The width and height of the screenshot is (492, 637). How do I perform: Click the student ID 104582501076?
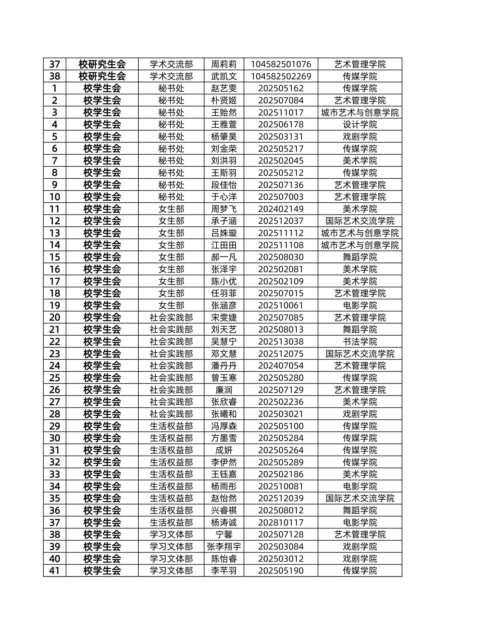click(x=281, y=64)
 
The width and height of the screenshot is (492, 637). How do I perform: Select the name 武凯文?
click(x=224, y=76)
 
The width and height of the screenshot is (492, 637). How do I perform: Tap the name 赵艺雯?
click(x=224, y=88)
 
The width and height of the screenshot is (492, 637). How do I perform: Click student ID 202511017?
click(x=281, y=113)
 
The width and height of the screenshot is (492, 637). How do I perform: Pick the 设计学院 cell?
click(x=360, y=125)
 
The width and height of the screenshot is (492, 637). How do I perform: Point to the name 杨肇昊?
click(x=224, y=137)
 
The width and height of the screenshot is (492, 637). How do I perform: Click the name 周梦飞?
click(x=224, y=209)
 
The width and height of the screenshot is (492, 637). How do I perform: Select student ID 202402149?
click(x=281, y=209)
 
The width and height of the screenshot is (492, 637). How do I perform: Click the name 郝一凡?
click(x=224, y=257)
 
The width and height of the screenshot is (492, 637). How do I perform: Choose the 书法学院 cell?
click(x=360, y=342)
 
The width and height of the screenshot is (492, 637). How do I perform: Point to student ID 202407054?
click(x=281, y=366)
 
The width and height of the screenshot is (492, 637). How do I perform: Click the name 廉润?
click(x=224, y=390)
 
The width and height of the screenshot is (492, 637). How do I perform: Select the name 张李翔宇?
click(x=224, y=547)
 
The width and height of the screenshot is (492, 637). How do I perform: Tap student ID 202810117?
click(x=281, y=522)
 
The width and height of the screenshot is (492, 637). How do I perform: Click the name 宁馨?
click(x=224, y=535)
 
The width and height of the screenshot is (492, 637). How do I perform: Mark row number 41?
click(x=54, y=571)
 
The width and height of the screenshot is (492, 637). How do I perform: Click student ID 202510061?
click(x=281, y=305)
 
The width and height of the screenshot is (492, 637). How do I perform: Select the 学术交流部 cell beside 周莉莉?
click(x=171, y=64)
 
